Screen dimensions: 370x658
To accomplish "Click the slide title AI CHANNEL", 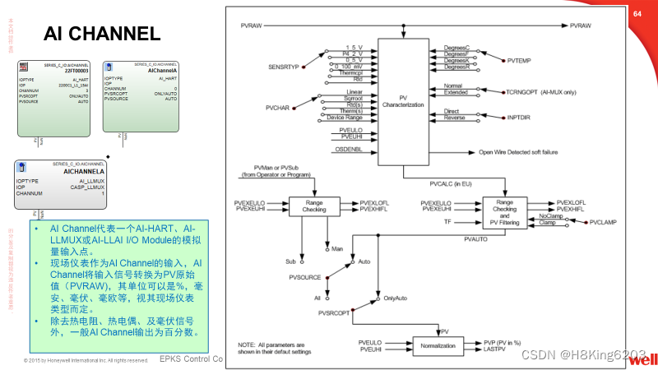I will click(101, 34).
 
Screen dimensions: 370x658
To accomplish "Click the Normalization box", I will click(438, 345).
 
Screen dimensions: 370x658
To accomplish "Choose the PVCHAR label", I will click(278, 108).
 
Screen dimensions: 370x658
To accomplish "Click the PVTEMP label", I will click(520, 60).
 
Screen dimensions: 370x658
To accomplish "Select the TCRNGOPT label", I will click(527, 91).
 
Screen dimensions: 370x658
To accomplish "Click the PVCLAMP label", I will click(603, 222).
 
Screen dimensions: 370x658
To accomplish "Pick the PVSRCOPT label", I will click(335, 313).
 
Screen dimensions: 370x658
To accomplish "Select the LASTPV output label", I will click(494, 350).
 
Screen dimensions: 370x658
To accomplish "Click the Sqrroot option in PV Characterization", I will click(353, 98).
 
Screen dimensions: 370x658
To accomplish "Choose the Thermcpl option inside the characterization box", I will click(351, 73).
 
